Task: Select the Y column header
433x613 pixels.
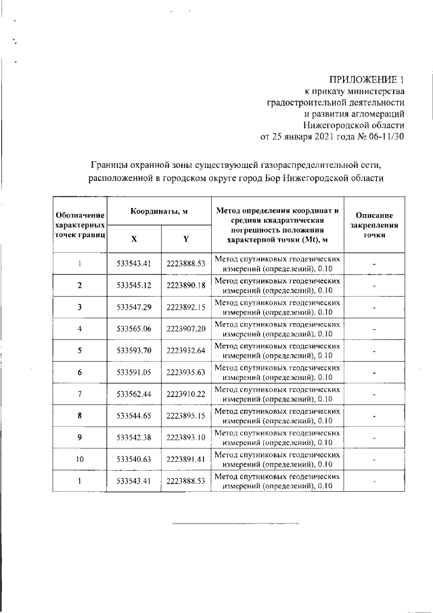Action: tap(185, 238)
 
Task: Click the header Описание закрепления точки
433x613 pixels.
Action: tap(373, 224)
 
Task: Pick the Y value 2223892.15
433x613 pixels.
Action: tap(185, 308)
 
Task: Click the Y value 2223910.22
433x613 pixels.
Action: tap(185, 394)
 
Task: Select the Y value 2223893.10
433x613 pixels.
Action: tap(185, 438)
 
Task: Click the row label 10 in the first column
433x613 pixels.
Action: tap(80, 459)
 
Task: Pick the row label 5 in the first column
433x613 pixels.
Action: tap(80, 351)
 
